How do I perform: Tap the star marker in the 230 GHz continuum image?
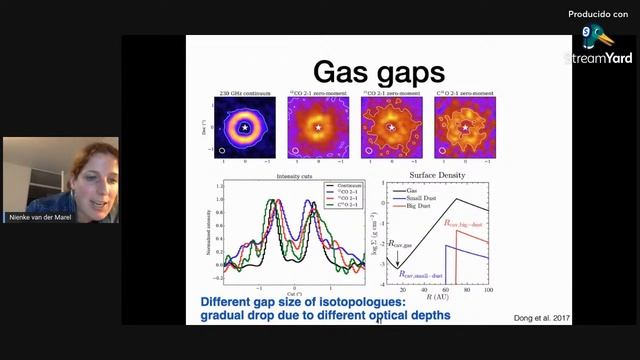pyautogui.click(x=245, y=128)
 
